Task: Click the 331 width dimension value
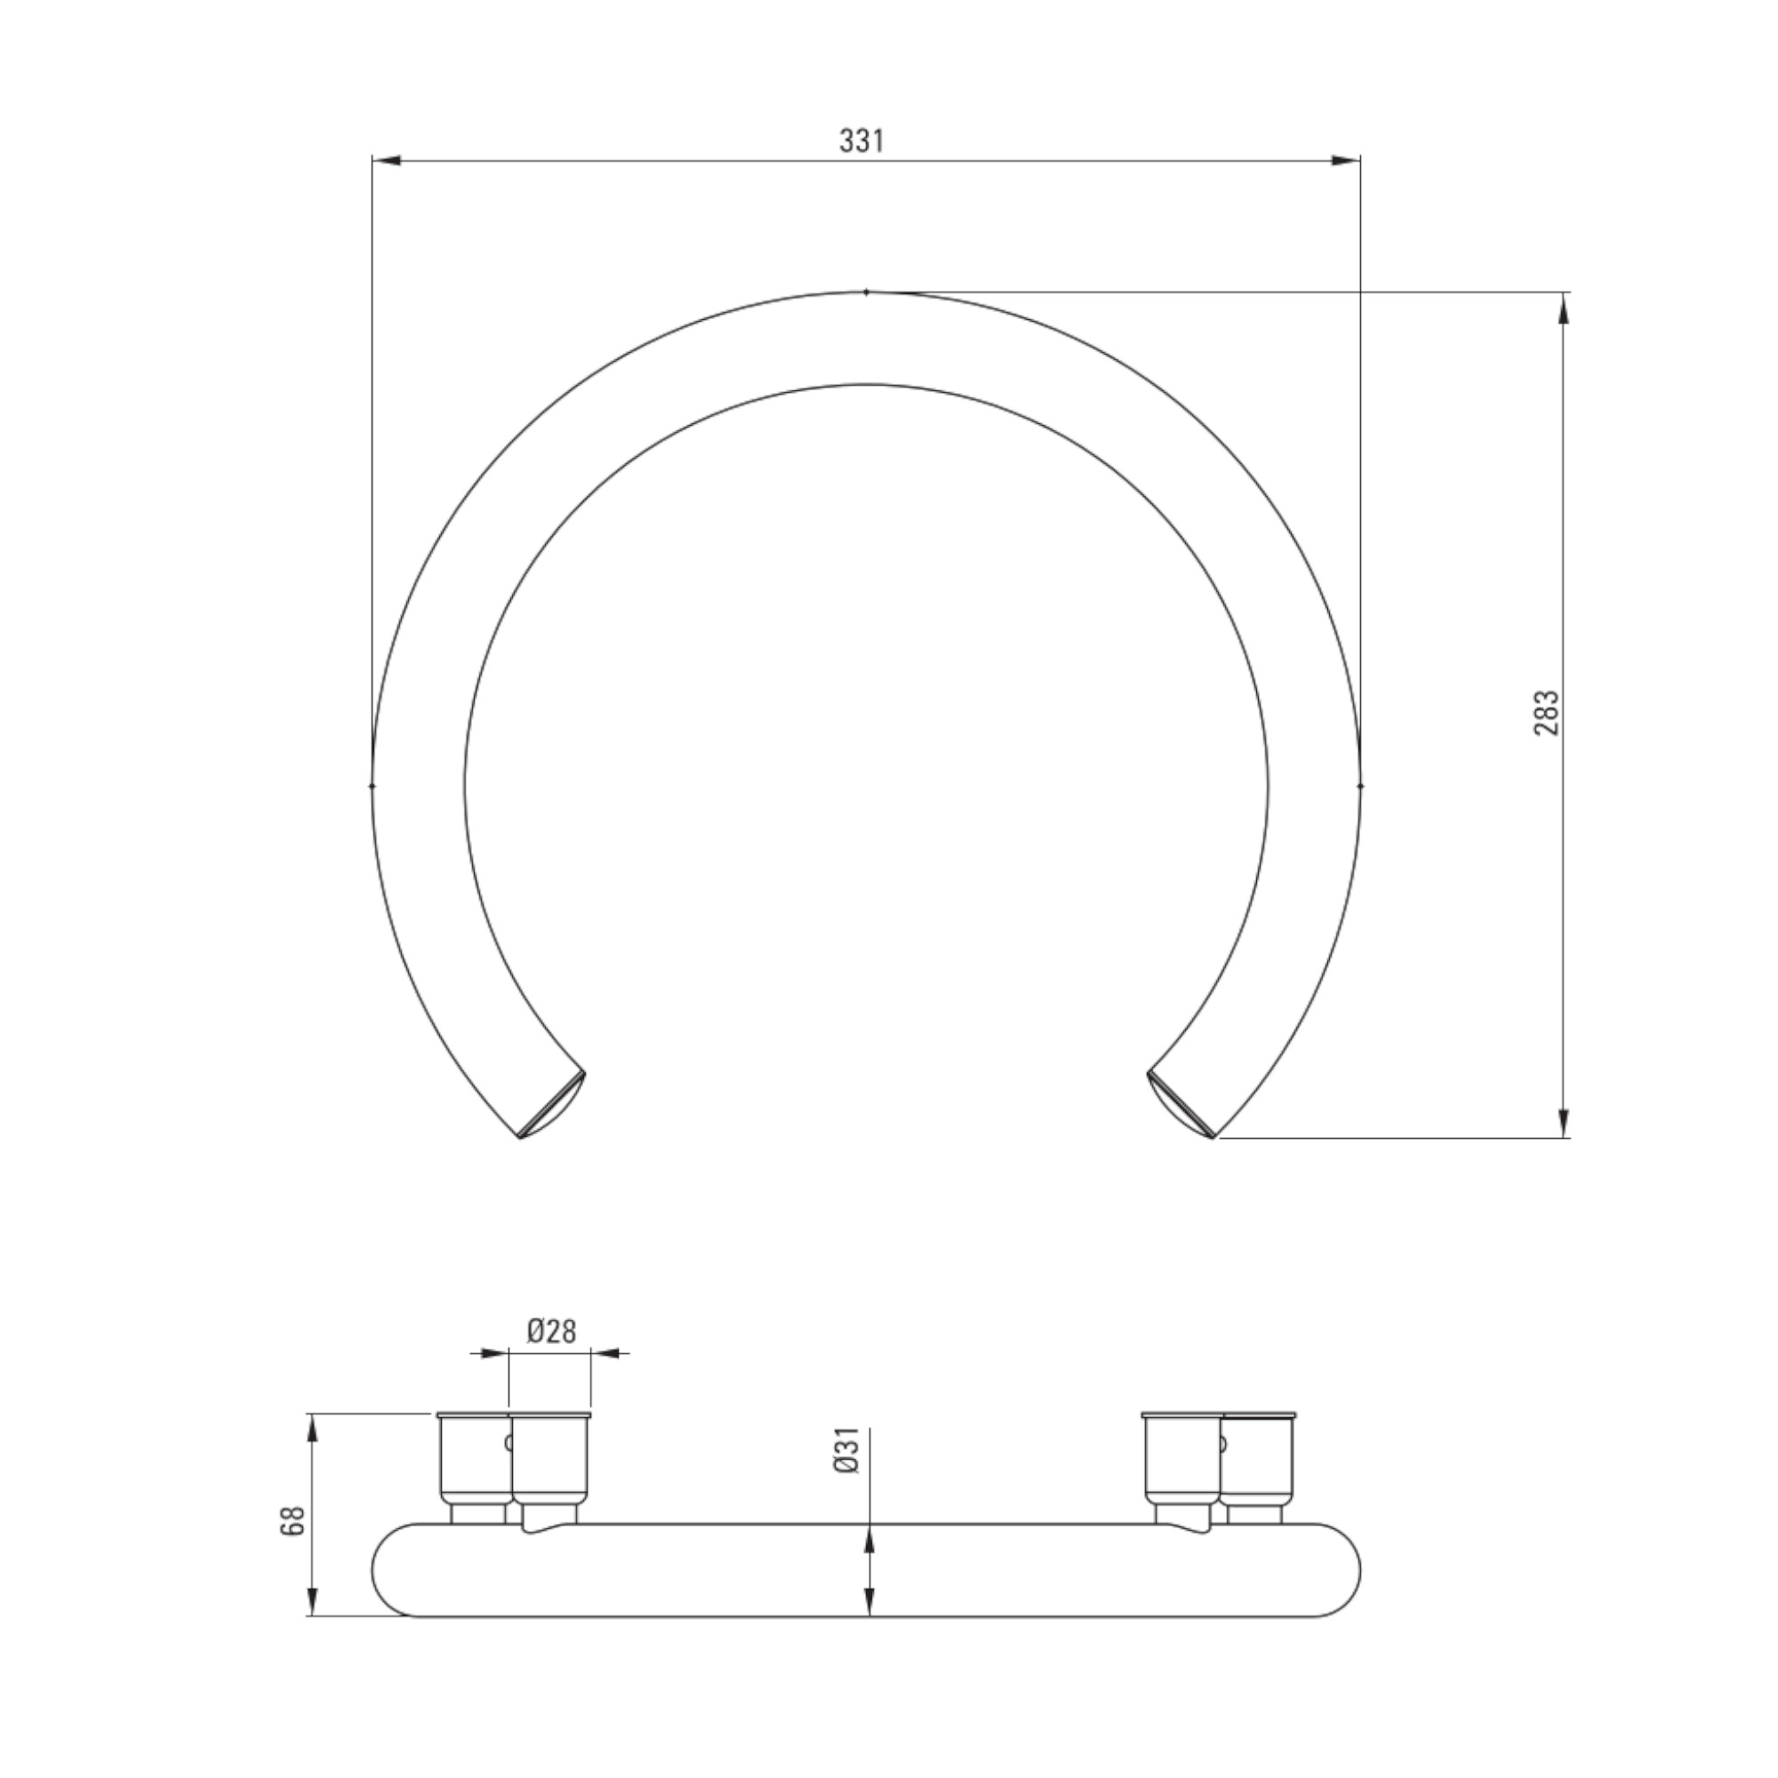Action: (x=861, y=140)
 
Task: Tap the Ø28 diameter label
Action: (x=551, y=1332)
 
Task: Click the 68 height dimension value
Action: (x=292, y=1520)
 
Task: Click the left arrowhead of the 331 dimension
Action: (x=387, y=161)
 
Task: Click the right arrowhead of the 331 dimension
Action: (x=1346, y=161)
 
